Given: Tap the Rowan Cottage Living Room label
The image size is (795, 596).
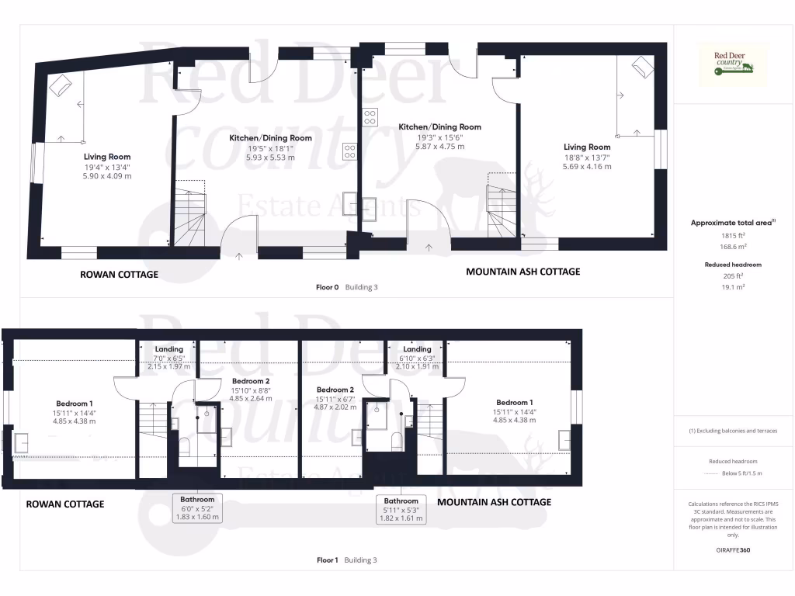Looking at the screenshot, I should click(107, 157).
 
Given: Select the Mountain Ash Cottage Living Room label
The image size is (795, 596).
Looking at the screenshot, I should click(587, 147).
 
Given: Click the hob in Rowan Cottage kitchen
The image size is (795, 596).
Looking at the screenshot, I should click(350, 151).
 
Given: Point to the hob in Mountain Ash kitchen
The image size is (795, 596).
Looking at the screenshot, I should click(370, 117).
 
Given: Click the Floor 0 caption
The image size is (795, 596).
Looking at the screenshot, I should click(327, 287).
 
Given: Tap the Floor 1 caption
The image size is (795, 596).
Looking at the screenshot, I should click(327, 560).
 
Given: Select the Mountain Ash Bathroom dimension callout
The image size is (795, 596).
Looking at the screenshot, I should click(401, 509).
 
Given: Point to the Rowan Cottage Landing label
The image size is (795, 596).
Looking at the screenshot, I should click(168, 349).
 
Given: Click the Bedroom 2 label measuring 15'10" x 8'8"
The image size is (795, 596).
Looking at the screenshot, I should click(250, 381).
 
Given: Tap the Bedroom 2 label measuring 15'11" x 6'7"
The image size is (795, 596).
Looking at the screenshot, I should click(335, 390).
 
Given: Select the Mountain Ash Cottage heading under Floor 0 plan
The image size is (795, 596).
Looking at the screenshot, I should click(522, 272).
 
